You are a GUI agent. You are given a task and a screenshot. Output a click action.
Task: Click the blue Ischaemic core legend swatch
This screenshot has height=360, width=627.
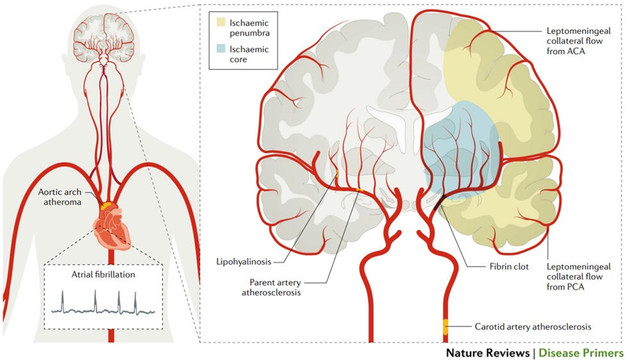[x=221, y=51]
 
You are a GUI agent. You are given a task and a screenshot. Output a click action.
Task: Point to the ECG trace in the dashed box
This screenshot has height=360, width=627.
[x=102, y=304]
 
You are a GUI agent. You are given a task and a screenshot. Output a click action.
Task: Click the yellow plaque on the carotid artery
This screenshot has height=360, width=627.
[x=445, y=326]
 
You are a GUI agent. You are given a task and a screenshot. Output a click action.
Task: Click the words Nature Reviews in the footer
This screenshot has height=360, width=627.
[x=486, y=352]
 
